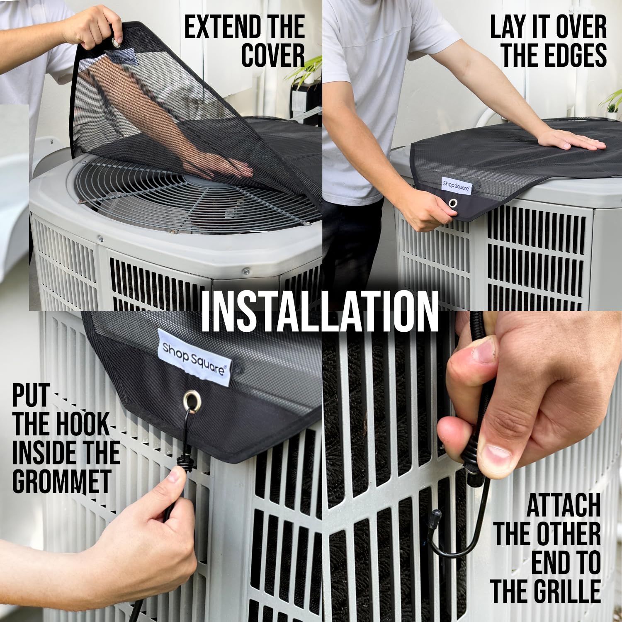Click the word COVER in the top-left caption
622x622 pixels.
coord(273,56)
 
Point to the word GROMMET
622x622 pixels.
coord(62,481)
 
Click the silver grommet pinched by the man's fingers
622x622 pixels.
coord(453,203)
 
